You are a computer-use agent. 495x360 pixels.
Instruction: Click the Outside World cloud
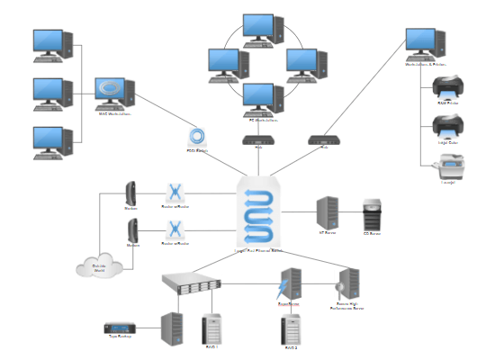click(x=99, y=265)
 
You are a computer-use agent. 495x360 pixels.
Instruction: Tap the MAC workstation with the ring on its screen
click(x=114, y=93)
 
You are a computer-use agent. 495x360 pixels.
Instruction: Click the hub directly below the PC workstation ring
click(x=257, y=140)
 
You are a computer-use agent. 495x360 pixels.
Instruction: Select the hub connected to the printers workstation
click(x=322, y=140)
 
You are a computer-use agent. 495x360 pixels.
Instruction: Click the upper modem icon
click(x=131, y=192)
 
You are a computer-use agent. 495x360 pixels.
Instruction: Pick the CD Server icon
click(x=372, y=216)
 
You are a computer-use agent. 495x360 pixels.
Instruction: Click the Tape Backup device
click(x=120, y=326)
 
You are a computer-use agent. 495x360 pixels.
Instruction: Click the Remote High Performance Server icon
click(x=348, y=284)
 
